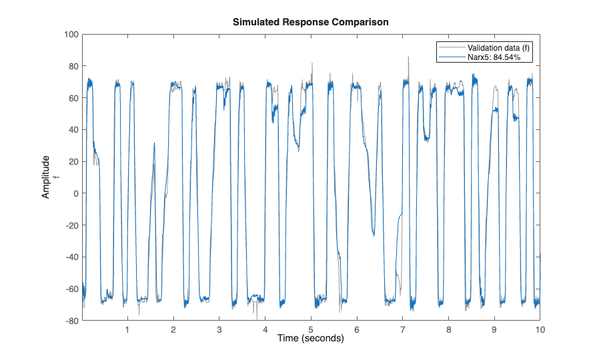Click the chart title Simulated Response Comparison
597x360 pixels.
point(310,22)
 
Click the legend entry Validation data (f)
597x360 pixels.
point(499,48)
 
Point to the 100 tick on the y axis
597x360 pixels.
point(71,34)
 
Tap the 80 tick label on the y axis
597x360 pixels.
point(73,66)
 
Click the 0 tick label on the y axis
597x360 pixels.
point(76,193)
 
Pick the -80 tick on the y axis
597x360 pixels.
point(71,321)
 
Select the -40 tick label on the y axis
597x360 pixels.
point(71,257)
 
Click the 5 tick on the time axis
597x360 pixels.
point(311,329)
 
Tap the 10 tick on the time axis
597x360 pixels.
point(540,329)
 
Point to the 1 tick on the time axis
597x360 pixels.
point(128,329)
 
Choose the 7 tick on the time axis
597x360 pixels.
point(402,329)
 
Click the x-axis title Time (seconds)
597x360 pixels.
point(310,339)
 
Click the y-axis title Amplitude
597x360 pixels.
point(46,177)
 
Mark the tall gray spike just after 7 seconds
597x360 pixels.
point(409,58)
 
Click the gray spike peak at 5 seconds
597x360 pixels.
point(312,64)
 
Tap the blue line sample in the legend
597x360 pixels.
point(451,58)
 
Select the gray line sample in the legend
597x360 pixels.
point(451,48)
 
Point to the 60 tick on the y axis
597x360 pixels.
point(73,98)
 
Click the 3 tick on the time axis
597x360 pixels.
point(219,329)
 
